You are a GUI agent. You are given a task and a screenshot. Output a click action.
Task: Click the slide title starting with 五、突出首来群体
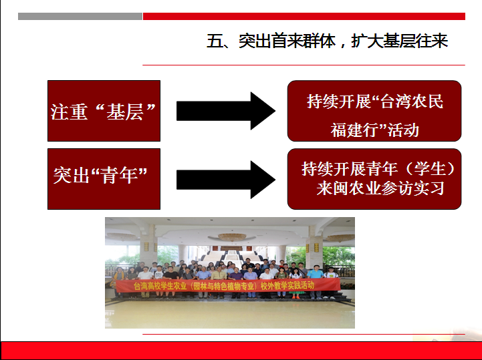327,41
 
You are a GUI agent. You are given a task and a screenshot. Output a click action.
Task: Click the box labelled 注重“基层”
104,111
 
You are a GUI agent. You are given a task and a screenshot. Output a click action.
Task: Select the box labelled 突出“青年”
104,179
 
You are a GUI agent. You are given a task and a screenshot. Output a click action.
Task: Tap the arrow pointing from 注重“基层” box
226,111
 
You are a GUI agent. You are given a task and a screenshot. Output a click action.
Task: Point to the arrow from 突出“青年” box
226,180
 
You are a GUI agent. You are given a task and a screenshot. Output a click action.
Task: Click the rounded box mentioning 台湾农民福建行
374,111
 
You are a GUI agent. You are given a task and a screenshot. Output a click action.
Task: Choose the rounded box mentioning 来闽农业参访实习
374,179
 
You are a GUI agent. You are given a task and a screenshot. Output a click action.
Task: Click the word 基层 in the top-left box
125,112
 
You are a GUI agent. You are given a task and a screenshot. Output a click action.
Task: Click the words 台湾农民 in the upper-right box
412,101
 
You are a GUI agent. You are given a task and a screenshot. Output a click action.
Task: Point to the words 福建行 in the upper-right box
354,130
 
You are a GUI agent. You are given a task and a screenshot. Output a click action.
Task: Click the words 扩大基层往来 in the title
399,41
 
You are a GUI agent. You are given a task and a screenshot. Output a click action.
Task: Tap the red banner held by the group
228,286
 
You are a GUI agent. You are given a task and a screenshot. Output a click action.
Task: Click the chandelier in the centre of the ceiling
232,237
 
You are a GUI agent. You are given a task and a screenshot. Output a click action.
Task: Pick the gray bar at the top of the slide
80,16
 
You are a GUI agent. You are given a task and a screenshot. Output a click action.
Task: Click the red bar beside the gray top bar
304,16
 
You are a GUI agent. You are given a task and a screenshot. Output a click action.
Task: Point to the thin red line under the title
304,65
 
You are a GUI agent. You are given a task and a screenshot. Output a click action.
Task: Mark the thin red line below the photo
304,334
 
